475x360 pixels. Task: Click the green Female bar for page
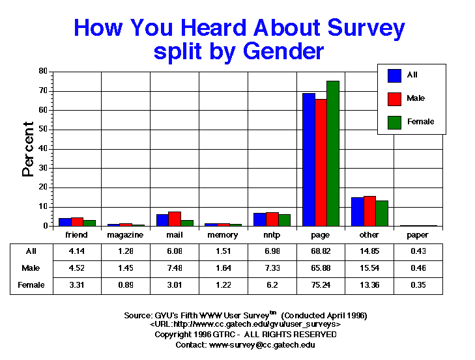coord(333,154)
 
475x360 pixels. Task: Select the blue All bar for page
coord(308,159)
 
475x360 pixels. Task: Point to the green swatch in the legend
coord(394,121)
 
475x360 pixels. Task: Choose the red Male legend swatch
coord(394,98)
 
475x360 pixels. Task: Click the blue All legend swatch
coord(394,75)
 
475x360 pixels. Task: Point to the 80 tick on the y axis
coord(43,71)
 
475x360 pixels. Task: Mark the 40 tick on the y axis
coord(43,148)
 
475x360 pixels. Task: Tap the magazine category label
coord(126,235)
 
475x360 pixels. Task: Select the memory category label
coord(223,235)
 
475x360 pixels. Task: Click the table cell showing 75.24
coord(321,284)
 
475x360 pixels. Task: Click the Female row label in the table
coord(31,284)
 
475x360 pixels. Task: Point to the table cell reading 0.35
coord(418,284)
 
